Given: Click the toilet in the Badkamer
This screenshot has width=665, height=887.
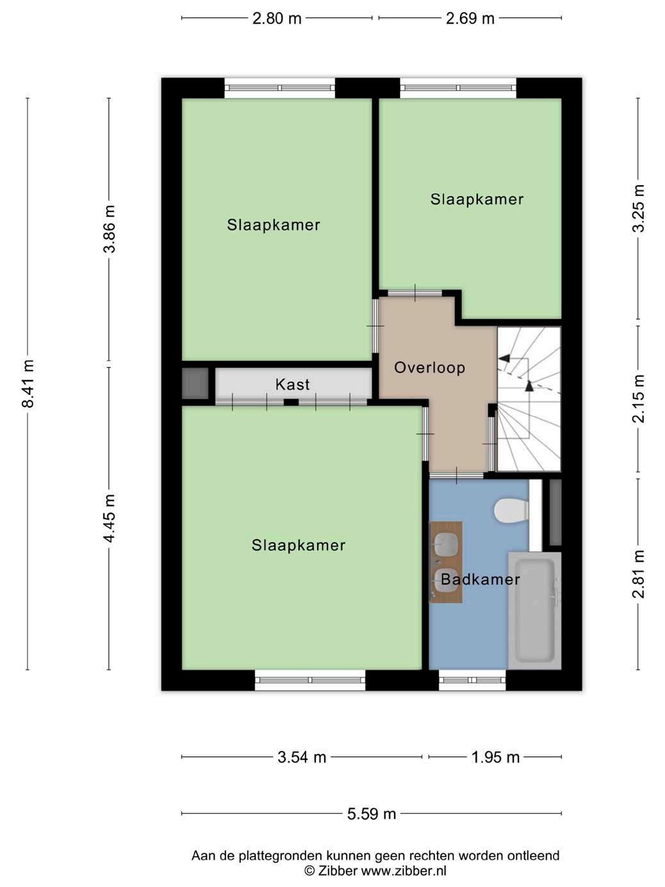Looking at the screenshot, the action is (511, 511).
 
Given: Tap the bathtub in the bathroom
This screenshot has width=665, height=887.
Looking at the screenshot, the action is (534, 611).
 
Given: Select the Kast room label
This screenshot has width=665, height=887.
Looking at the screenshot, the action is (292, 385).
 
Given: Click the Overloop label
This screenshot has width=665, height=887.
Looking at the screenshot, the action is (430, 367).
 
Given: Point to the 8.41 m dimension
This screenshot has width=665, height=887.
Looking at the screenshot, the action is (28, 384).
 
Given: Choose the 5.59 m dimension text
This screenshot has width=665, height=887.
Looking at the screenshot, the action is (372, 813).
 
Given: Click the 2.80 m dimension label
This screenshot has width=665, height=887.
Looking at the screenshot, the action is (277, 19).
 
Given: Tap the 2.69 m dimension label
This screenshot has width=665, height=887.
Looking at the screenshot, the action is (470, 19).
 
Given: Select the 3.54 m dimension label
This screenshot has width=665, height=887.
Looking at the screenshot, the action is (302, 757).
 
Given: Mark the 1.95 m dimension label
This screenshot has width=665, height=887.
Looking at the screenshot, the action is (495, 757).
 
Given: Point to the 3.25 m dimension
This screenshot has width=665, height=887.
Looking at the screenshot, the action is (638, 208).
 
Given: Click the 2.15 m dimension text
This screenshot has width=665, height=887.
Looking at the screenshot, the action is (638, 399).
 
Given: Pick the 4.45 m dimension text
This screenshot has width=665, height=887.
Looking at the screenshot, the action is (110, 518).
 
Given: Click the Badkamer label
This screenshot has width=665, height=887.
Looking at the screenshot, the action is (480, 579).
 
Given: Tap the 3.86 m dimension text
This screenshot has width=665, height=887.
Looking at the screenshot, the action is (110, 229).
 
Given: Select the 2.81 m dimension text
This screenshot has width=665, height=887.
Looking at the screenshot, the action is (638, 574).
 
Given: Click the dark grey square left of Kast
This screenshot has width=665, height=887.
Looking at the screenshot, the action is (195, 383).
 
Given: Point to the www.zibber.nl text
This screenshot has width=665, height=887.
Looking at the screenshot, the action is (404, 870).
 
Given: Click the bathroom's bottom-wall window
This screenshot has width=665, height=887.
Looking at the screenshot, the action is (472, 680).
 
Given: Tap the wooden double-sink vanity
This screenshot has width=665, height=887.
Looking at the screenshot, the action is (446, 562).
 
